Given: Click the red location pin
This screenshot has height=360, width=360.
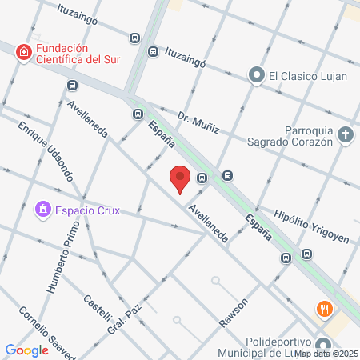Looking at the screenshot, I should (x=180, y=178).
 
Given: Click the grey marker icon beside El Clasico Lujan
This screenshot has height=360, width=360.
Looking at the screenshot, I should (x=256, y=76).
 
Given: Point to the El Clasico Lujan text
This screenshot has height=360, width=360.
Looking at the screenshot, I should (x=306, y=76).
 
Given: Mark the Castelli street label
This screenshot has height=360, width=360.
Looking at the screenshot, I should (x=99, y=313).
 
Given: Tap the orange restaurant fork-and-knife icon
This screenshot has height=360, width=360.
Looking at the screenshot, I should (x=324, y=308).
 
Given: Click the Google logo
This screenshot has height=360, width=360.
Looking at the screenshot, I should (x=26, y=350).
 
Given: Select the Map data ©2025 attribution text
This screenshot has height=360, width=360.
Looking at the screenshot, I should (x=326, y=353).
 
